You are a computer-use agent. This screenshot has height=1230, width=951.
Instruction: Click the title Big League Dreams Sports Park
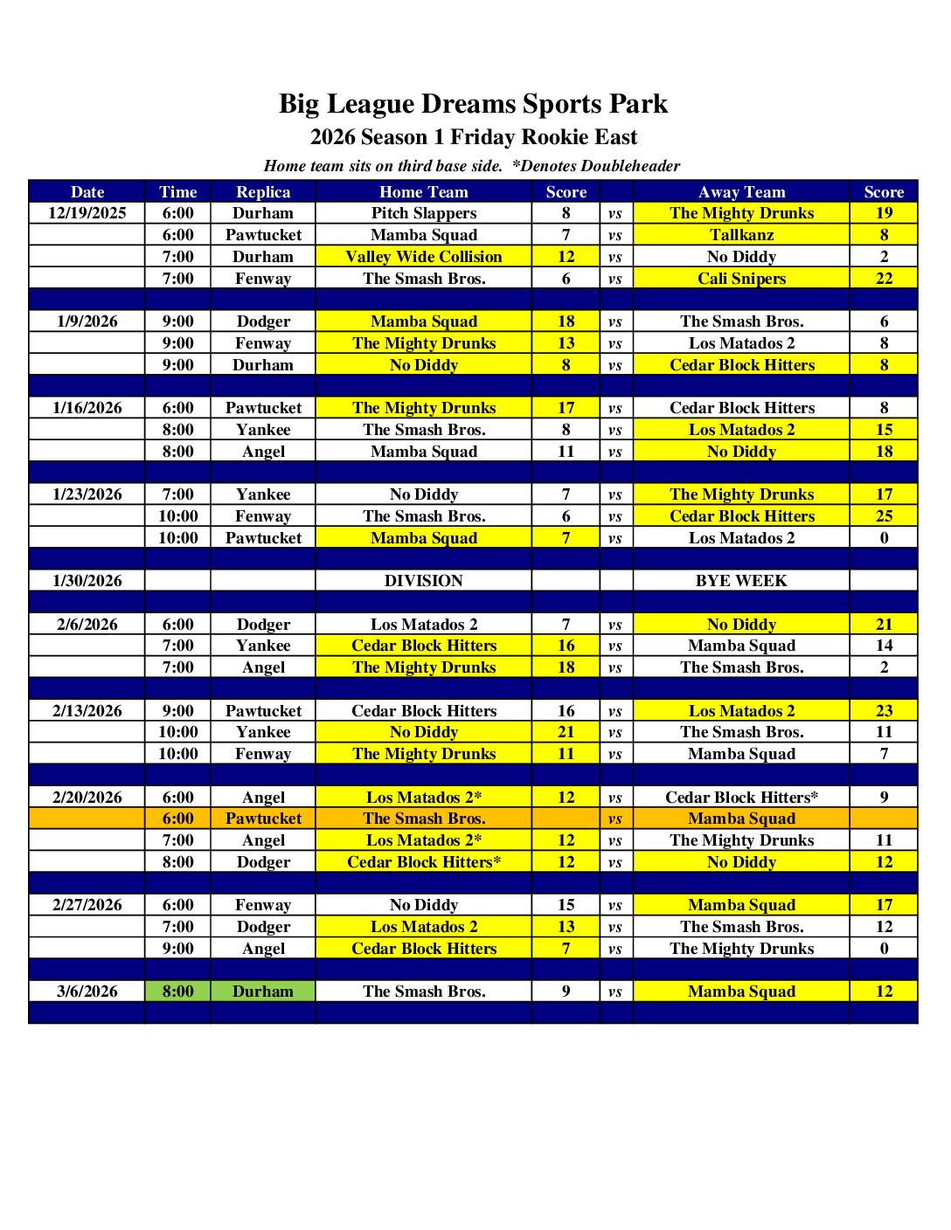[473, 104]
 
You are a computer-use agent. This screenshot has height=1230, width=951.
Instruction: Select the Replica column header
[263, 192]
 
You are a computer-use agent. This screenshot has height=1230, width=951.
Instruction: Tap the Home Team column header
[423, 192]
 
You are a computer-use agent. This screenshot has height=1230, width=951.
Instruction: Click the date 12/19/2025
[87, 213]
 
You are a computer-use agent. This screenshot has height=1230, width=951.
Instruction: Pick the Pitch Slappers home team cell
[423, 213]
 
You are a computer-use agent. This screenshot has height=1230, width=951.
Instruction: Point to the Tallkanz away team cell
[741, 235]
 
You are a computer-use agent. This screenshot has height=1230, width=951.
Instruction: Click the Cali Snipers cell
[741, 279]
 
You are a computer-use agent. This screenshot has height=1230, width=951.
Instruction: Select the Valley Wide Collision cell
[423, 257]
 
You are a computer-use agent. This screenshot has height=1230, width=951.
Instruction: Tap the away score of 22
[884, 279]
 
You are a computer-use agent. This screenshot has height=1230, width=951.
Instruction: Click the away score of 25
[884, 516]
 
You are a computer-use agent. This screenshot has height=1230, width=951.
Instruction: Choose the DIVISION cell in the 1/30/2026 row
[423, 581]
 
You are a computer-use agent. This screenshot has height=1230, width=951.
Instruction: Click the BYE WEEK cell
[741, 581]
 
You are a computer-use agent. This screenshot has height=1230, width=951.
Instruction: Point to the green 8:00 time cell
[177, 992]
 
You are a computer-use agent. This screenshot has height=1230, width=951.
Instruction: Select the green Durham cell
[263, 992]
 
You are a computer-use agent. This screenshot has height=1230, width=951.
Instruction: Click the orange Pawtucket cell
[263, 819]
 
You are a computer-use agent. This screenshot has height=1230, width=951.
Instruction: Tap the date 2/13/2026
[87, 711]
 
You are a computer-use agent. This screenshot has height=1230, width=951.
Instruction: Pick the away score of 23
[884, 711]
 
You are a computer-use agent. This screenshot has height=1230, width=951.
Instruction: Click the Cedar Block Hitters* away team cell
[741, 798]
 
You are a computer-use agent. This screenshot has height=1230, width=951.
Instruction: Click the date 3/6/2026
[87, 992]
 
